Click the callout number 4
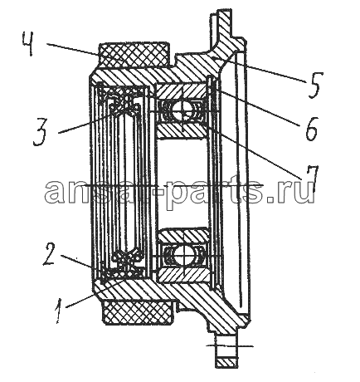[29, 44]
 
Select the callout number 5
[314, 85]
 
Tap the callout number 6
[311, 129]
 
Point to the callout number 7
[310, 179]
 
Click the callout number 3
[41, 132]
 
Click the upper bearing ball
[179, 110]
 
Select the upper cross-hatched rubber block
[133, 55]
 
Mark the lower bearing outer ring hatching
[182, 275]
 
